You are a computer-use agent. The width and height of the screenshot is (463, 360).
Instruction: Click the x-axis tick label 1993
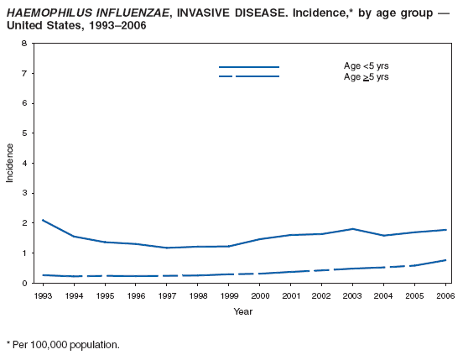(x=43, y=296)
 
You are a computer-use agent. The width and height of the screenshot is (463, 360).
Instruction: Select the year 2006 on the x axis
(x=445, y=296)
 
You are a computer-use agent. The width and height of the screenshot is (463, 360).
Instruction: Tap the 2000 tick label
(x=259, y=296)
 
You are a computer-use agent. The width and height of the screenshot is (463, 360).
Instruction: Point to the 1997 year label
(x=166, y=296)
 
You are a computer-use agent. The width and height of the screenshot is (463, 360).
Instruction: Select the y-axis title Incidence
(x=10, y=163)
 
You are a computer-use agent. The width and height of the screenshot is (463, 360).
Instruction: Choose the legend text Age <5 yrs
(x=367, y=65)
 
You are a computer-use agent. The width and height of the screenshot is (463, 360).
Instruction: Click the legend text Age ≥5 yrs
(x=367, y=76)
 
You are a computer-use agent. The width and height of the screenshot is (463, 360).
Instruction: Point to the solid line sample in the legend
(x=248, y=66)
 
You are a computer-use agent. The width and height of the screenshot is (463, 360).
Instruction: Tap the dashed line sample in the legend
(x=248, y=76)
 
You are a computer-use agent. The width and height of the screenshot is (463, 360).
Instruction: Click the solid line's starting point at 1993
(x=43, y=220)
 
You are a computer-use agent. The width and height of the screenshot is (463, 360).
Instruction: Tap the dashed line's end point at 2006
(x=445, y=260)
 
